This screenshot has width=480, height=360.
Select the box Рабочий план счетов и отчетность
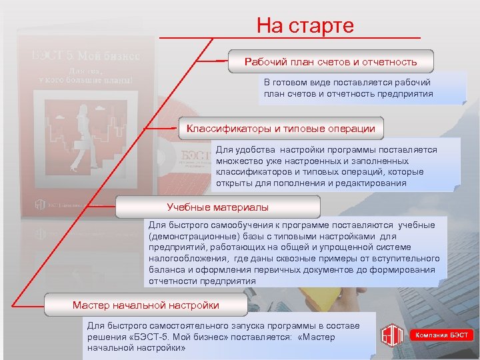tap(331, 62)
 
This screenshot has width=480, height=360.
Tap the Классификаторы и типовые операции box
tap(281, 128)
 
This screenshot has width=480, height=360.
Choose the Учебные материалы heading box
tap(217, 207)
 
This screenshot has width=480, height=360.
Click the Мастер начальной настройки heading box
tap(145, 305)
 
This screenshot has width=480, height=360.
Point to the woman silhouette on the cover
tap(86, 130)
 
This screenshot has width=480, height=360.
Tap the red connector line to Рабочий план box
tap(221, 61)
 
